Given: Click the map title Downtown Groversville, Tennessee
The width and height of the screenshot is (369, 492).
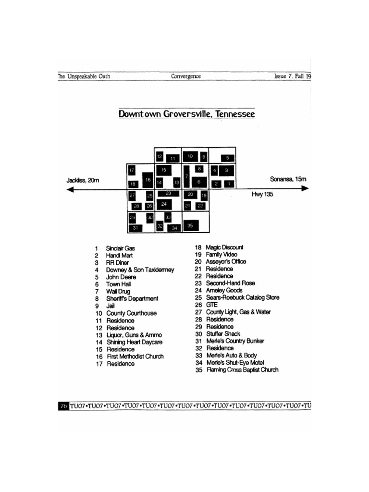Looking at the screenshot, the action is click(186, 114).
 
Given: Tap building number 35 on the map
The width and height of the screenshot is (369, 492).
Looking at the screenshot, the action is click(190, 225).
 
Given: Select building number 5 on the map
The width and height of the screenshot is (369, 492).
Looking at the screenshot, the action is click(228, 158).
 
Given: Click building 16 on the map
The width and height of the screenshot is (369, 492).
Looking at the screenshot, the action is click(148, 180).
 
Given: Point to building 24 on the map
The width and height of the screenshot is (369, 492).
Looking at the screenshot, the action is click(164, 204).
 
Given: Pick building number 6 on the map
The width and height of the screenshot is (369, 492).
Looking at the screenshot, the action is click(198, 182).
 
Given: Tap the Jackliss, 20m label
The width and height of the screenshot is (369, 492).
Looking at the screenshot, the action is click(83, 180).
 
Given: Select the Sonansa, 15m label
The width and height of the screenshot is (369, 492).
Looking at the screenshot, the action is click(288, 179).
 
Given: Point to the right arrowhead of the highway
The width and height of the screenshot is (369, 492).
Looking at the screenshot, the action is click(304, 188).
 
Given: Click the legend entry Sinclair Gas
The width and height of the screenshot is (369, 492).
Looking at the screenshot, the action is click(120, 248).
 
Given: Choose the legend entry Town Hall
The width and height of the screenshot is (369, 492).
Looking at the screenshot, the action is click(118, 284).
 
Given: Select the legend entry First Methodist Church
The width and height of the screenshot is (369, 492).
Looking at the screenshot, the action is click(135, 357).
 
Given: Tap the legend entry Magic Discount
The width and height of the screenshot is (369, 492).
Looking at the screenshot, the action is click(224, 247).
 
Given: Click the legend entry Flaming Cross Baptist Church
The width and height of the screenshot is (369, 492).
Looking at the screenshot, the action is click(242, 370).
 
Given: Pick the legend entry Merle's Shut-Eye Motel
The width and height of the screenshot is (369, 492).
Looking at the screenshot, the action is click(235, 363).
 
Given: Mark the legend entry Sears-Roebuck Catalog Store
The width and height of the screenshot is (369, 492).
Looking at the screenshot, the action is click(242, 298).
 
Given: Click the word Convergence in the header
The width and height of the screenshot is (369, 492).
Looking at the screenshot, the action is click(185, 76).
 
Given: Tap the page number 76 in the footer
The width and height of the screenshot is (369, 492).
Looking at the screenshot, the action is click(63, 406).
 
